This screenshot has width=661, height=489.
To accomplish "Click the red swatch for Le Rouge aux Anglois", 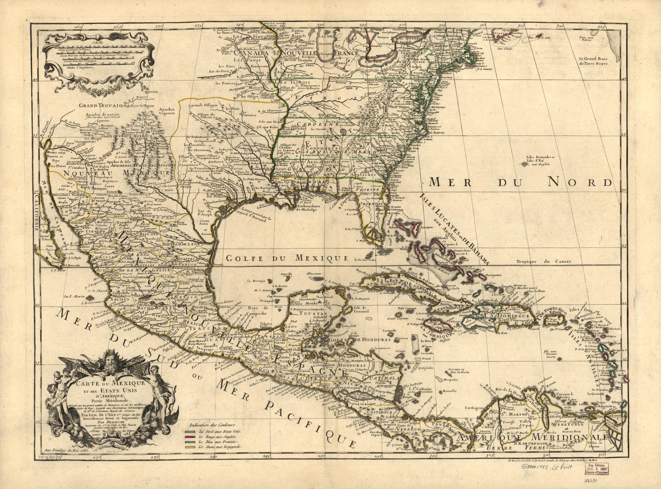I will click(188, 437).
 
